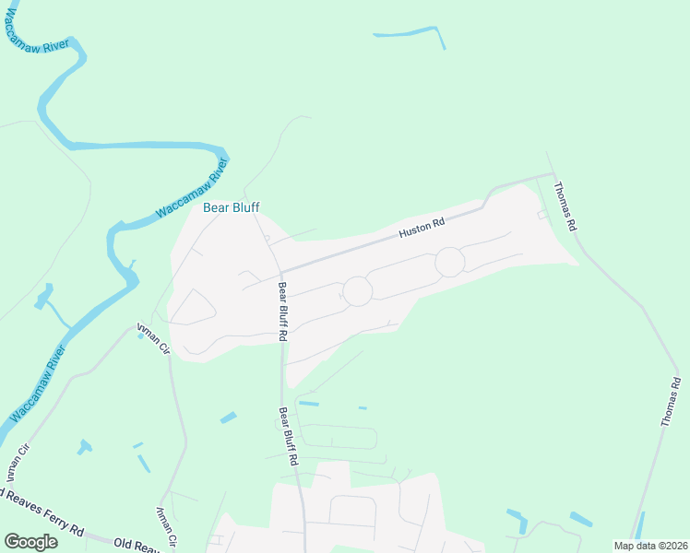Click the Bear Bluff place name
coord(232,207)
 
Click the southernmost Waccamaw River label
coord(39,384)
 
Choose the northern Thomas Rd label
coord(565,206)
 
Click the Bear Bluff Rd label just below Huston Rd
coord(280,312)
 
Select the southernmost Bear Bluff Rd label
coord(288,435)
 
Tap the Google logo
coord(30,542)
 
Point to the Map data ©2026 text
coord(649,546)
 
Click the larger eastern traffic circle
coord(449,262)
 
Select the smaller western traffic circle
coord(357,291)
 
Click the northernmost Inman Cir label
coord(154,338)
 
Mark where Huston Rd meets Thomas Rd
coord(552,173)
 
